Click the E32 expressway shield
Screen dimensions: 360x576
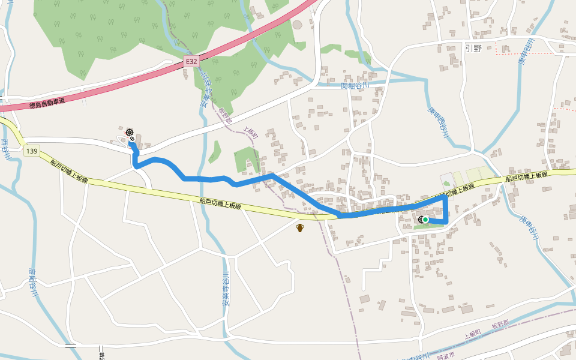point(191,61)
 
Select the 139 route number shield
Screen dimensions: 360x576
point(32,152)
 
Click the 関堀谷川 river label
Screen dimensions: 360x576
point(354,86)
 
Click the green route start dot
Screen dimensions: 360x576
point(425,220)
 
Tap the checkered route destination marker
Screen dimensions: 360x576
point(132,139)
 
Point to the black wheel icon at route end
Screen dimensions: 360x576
point(129,131)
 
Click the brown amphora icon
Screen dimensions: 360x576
point(300,227)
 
